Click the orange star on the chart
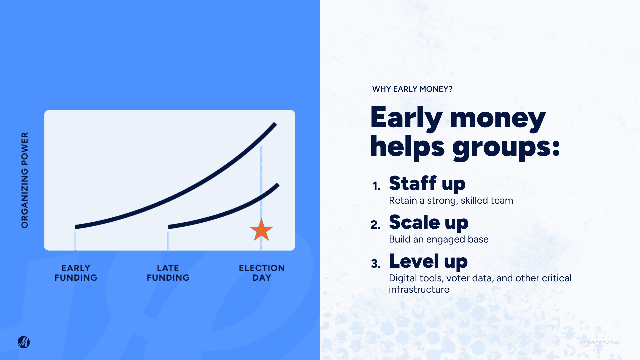coord(261,230)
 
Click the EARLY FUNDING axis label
coord(76,273)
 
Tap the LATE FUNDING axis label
coord(168,273)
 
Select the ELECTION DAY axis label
coord(262,273)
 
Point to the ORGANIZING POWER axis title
coord(25,180)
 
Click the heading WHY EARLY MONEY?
coord(412,89)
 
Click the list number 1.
coord(376,186)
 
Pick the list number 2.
coord(376,225)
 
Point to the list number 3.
coord(376,264)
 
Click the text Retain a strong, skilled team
coord(451,201)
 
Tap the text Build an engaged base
coord(439,239)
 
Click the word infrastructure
coord(419,289)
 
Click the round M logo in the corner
coord(24,342)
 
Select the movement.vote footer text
coord(601,342)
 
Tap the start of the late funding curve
coord(169,227)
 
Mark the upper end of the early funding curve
coord(276,124)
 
